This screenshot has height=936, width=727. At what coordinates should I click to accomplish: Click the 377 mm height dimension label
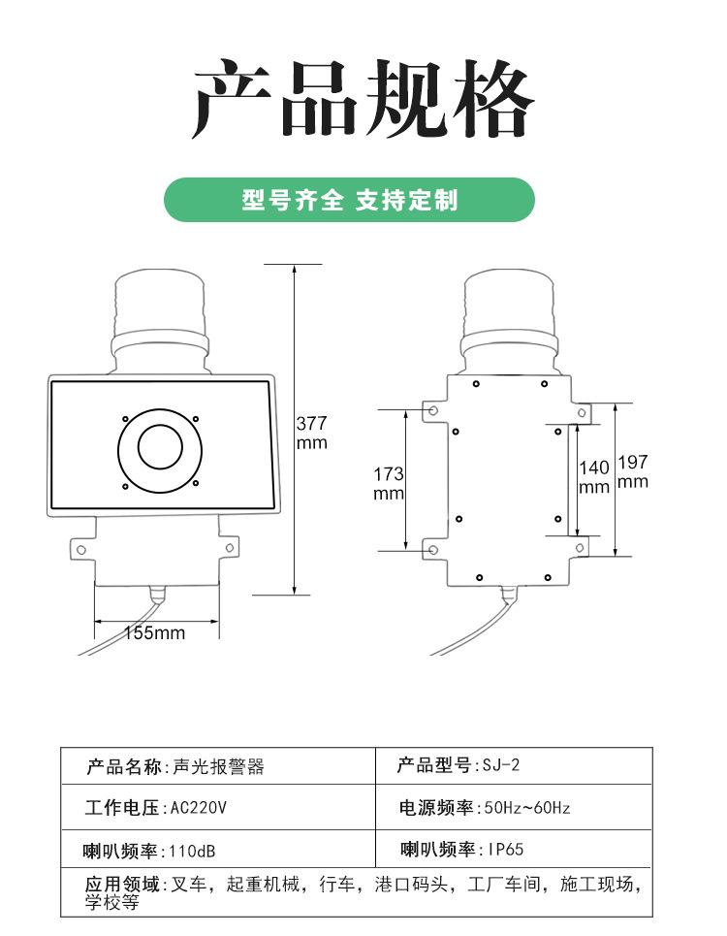click(x=311, y=433)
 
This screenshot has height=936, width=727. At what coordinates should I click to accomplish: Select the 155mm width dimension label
click(x=154, y=633)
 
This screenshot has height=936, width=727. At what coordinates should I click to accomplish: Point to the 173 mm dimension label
click(x=389, y=483)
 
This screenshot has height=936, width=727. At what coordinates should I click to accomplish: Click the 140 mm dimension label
click(x=594, y=477)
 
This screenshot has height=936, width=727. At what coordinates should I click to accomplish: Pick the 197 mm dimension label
click(x=632, y=471)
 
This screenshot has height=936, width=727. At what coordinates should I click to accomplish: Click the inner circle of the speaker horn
click(x=159, y=446)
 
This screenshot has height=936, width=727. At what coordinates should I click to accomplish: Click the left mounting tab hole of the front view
click(x=80, y=550)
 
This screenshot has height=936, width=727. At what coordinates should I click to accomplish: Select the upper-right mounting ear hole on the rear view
click(x=581, y=412)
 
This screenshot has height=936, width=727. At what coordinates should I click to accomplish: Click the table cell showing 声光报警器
click(x=218, y=767)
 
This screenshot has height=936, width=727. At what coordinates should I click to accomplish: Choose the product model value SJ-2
click(x=501, y=765)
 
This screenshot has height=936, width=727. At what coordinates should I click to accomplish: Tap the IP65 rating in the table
click(x=505, y=850)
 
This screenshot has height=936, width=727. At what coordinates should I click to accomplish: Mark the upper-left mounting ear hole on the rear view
click(x=433, y=412)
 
